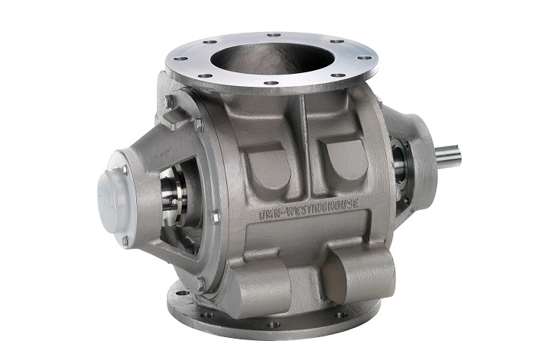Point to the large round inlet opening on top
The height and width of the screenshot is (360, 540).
(270, 60)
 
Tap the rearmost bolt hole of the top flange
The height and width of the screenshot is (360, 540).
(273, 35)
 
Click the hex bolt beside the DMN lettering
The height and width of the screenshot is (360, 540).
(216, 217)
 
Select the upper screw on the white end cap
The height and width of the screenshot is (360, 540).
(124, 169)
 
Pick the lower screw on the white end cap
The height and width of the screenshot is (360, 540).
(125, 241)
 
